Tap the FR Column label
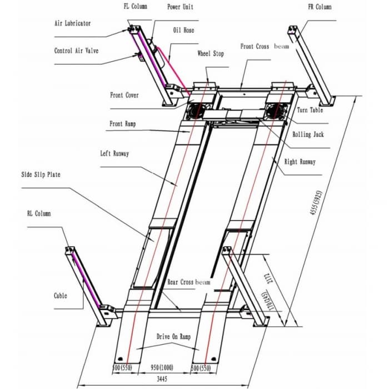(x=320, y=7)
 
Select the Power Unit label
(x=181, y=7)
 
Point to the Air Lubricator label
(x=72, y=24)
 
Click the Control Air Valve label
(x=76, y=51)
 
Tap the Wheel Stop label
(x=211, y=53)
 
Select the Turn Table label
(x=310, y=110)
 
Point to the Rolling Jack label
(x=309, y=134)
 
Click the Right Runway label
(x=300, y=162)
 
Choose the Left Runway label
(x=114, y=153)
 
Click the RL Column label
(x=39, y=213)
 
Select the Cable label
(x=61, y=296)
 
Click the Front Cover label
(x=124, y=95)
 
